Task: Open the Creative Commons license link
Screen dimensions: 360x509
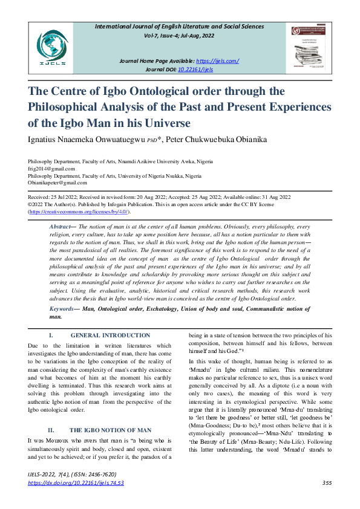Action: tap(79, 212)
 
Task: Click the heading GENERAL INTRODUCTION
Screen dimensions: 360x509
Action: tap(111, 336)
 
